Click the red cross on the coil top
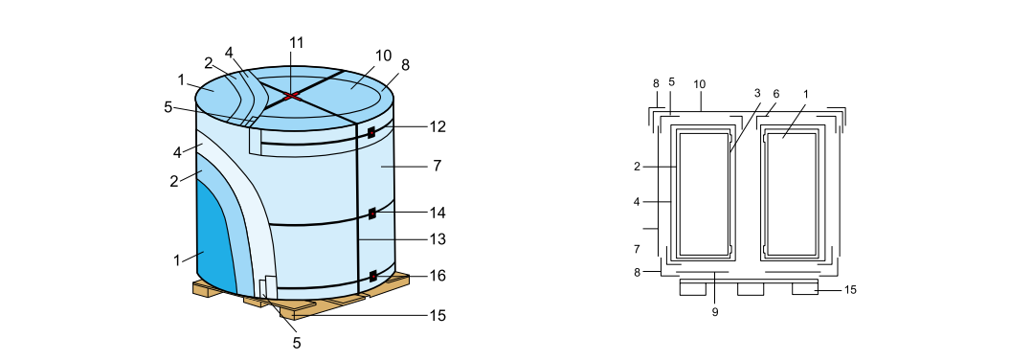tap(292, 95)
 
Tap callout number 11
tap(296, 42)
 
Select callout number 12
tap(437, 126)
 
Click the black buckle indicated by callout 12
tap(370, 133)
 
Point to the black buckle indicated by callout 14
tap(370, 213)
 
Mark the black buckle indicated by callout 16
tap(371, 277)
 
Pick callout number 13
tap(437, 238)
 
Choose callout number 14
tap(437, 212)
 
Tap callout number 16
tap(437, 276)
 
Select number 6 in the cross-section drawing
tap(775, 93)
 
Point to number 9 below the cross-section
tap(714, 311)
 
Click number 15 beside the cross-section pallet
tap(851, 289)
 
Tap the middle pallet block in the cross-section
tap(751, 288)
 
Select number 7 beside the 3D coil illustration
tap(437, 166)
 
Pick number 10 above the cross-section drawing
tap(700, 84)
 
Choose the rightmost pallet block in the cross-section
tap(805, 288)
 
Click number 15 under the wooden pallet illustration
tap(437, 315)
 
